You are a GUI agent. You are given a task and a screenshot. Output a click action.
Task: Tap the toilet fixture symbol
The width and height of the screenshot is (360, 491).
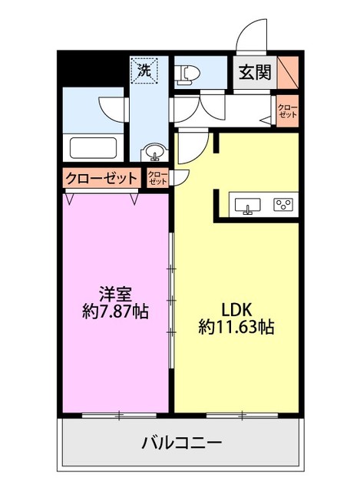[x=186, y=74]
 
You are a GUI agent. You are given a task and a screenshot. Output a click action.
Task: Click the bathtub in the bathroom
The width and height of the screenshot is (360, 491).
[x=92, y=146]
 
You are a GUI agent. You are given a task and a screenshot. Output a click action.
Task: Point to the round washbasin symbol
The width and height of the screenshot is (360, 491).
[x=154, y=150]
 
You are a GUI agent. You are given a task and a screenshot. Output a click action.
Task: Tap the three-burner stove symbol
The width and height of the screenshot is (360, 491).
[x=282, y=204]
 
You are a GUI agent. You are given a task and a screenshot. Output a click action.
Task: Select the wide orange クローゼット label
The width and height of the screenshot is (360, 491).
[x=101, y=178]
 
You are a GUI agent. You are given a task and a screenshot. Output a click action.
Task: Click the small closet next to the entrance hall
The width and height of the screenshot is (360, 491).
[x=287, y=110]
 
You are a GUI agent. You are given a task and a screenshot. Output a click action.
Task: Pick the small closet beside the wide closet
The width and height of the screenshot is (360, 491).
[x=157, y=178]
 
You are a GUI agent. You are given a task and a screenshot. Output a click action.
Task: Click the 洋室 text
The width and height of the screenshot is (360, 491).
[x=115, y=293]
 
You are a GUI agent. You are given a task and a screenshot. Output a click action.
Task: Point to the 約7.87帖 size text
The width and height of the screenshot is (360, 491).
[x=115, y=312]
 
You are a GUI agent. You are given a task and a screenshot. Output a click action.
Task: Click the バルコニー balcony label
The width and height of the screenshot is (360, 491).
[x=181, y=443]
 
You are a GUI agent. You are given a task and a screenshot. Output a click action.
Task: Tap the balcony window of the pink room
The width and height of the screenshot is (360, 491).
[x=117, y=416]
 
